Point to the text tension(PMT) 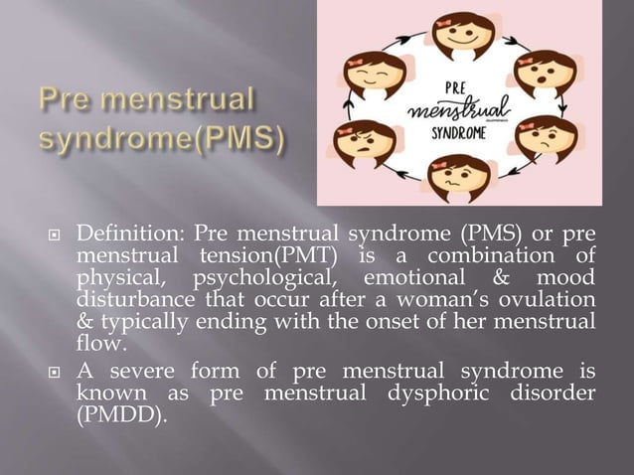coord(239,258)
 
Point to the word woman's coord(413,301)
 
